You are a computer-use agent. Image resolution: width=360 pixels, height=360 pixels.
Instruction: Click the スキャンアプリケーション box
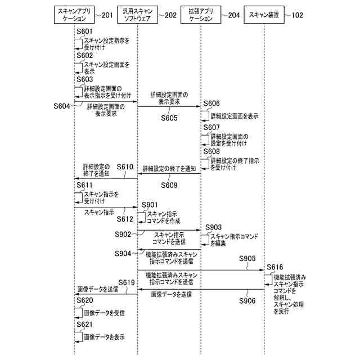pos(74,15)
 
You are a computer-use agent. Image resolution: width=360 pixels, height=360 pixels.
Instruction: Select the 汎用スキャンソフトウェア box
pos(138,15)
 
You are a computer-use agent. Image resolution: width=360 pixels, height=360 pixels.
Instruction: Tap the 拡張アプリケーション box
pos(201,15)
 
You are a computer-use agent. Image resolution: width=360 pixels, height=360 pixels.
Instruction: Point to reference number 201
pos(107,15)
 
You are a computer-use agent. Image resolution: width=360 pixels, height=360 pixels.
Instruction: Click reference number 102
pos(298,15)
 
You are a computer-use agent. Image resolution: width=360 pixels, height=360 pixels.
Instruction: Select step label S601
pos(85,33)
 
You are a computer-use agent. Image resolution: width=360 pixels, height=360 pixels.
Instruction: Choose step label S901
pos(150,204)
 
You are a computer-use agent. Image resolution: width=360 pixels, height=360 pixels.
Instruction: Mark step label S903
pos(214,227)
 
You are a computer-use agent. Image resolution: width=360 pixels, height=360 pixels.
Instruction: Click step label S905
pos(247,259)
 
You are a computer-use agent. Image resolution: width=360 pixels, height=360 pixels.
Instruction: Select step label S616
pos(275,267)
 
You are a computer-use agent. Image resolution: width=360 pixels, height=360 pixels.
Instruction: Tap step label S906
pos(247,301)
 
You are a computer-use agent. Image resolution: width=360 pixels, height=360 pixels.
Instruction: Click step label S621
pos(85,325)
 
